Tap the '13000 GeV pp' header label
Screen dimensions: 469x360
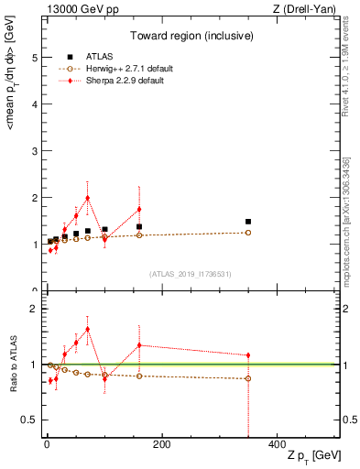pyautogui.click(x=77, y=9)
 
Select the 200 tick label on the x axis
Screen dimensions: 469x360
pyautogui.click(x=161, y=443)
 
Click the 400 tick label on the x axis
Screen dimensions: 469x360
pyautogui.click(x=276, y=443)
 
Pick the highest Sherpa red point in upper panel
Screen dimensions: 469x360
pyautogui.click(x=87, y=198)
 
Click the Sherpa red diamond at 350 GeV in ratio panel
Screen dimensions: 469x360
pyautogui.click(x=247, y=355)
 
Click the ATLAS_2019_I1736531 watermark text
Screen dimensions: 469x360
pyautogui.click(x=191, y=273)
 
